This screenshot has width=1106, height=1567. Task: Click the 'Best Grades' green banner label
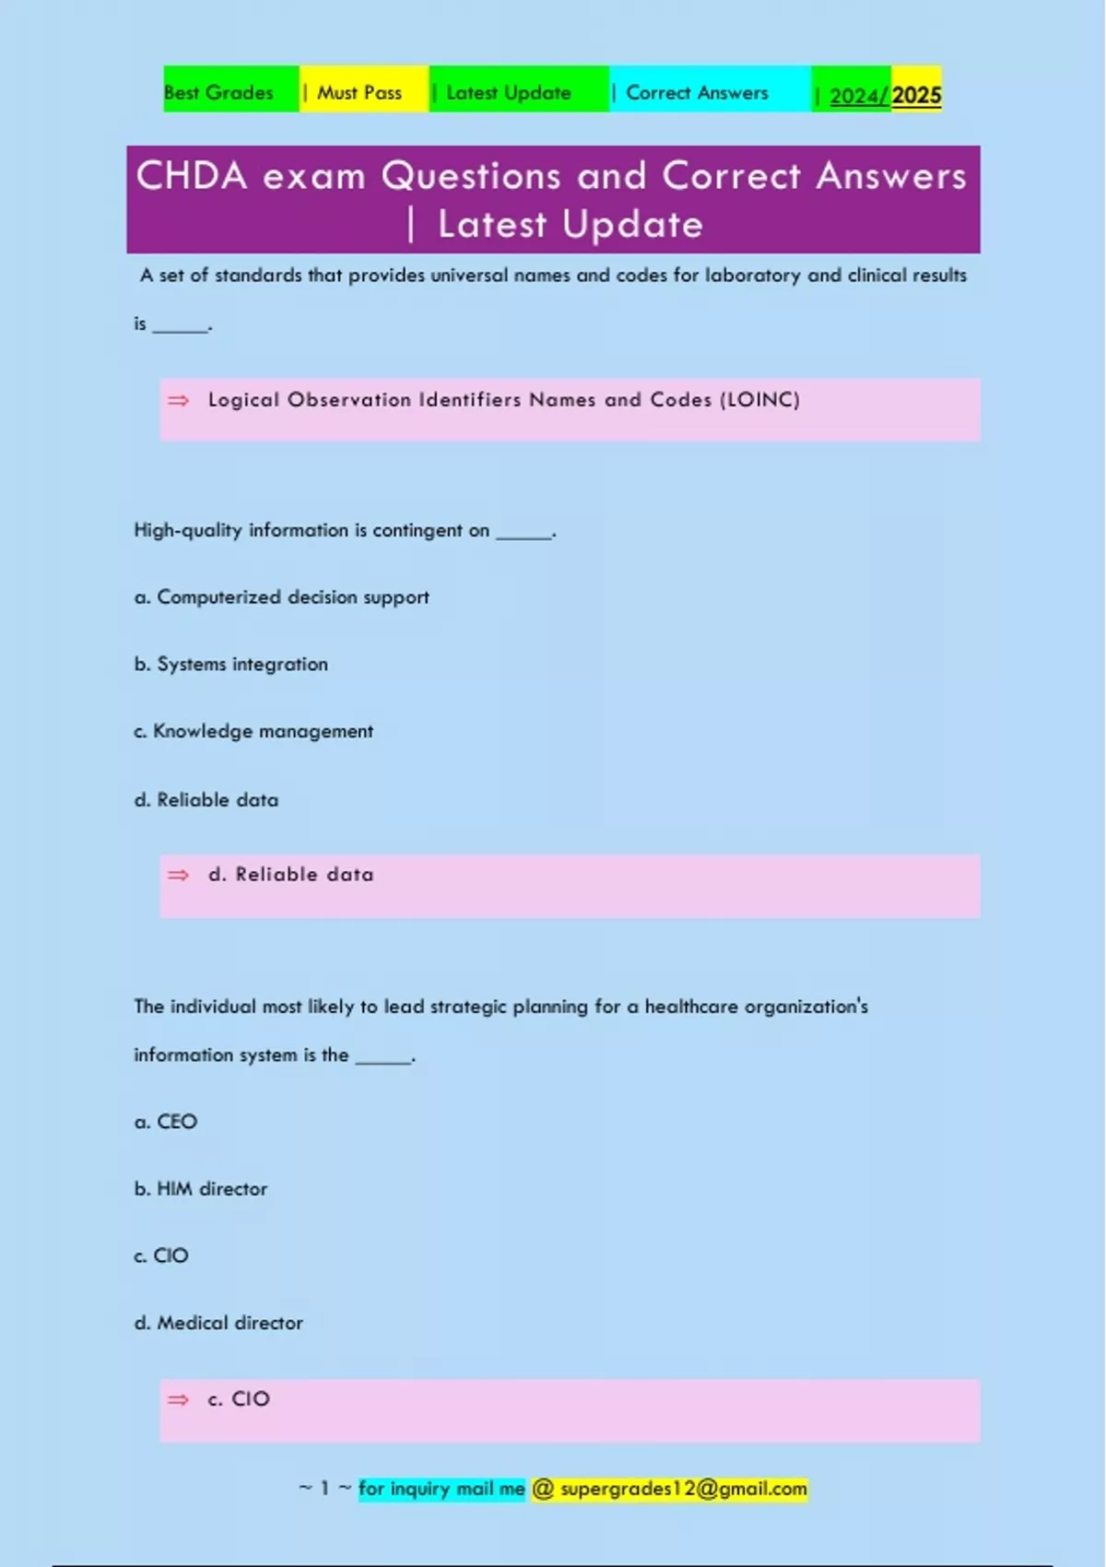point(219,93)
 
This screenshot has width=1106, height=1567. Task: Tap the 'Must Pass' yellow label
point(359,93)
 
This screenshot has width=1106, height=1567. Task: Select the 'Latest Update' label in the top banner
point(508,93)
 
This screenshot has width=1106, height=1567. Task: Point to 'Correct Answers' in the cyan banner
point(697,93)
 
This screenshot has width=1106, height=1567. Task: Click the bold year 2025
point(916,96)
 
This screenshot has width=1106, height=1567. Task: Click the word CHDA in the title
point(192,176)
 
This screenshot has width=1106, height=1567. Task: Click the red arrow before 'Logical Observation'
point(178,400)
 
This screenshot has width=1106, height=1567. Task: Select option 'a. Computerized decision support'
point(282,597)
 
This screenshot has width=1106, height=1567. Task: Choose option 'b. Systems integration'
point(231,665)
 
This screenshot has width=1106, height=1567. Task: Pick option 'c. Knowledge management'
point(253,732)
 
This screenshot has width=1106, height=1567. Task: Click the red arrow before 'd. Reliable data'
point(178,875)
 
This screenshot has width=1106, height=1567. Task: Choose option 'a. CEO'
point(166,1122)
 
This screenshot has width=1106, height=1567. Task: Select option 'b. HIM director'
point(201,1189)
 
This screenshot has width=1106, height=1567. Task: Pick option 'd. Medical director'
point(218,1323)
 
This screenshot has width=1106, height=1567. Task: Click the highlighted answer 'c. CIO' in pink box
point(239,1399)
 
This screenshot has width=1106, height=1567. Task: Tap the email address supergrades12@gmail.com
point(683,1489)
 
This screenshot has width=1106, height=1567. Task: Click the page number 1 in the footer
point(324,1489)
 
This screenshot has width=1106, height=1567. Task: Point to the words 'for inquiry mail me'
point(441,1489)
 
